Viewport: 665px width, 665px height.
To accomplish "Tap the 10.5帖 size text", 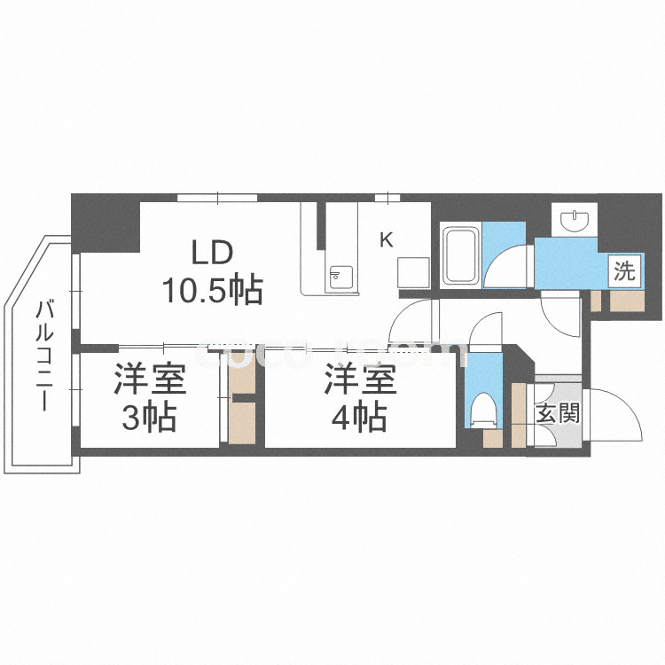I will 211,287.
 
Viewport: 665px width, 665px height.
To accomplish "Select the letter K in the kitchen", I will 386,239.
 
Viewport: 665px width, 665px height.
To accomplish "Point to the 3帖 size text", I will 148,417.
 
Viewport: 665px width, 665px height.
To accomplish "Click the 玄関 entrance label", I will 558,412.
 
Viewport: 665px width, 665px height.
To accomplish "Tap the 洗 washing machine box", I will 625,272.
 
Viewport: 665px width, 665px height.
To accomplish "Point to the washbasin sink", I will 575,219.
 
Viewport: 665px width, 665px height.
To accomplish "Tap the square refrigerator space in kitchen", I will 413,270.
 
